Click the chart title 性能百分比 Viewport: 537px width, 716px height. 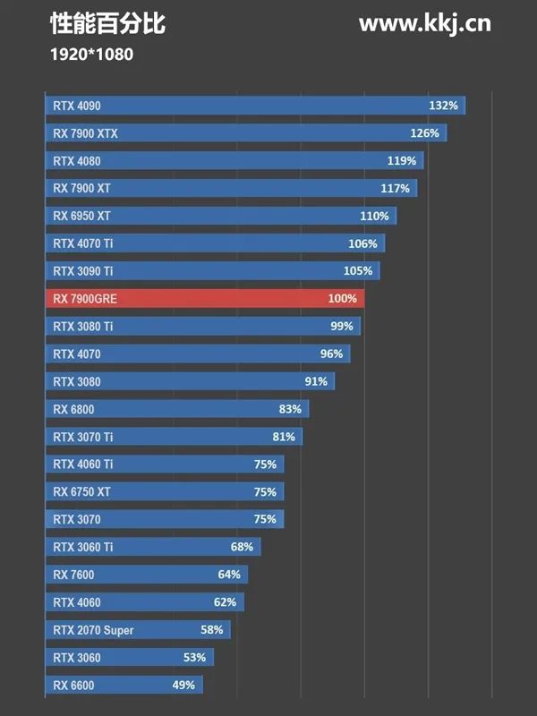108,24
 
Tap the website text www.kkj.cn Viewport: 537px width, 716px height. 424,24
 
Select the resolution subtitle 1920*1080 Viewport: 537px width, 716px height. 91,55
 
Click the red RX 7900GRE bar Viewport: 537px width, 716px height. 204,299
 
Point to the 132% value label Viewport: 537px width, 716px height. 443,106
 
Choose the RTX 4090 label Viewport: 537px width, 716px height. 77,106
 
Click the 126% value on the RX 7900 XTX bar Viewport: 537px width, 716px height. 424,133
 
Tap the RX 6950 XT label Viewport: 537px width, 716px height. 81,216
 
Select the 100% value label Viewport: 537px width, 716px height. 342,299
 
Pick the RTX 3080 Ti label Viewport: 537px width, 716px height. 83,327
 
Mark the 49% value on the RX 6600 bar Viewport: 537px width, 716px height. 183,686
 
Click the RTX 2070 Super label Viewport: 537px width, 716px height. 93,630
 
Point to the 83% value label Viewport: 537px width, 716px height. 290,409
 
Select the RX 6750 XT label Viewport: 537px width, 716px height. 81,491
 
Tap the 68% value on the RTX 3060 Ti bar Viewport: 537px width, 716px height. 242,547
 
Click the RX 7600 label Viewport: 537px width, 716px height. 73,575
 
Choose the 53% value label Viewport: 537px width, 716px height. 194,658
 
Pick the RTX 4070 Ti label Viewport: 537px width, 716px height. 83,243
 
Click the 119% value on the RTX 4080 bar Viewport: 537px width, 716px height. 402,161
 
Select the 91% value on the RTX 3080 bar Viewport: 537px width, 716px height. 316,381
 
